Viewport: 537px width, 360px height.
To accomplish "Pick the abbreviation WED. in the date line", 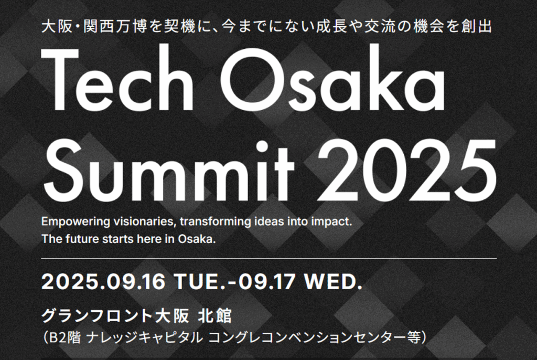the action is (x=334, y=282).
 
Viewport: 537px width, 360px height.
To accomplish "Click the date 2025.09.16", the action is (x=103, y=282).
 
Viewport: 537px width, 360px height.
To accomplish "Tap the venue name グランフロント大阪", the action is (x=115, y=316).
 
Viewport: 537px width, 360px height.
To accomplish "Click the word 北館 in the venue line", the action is (x=214, y=316).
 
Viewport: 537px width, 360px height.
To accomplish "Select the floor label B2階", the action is (x=65, y=338).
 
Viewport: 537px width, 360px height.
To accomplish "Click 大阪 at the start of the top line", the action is (x=56, y=27).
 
